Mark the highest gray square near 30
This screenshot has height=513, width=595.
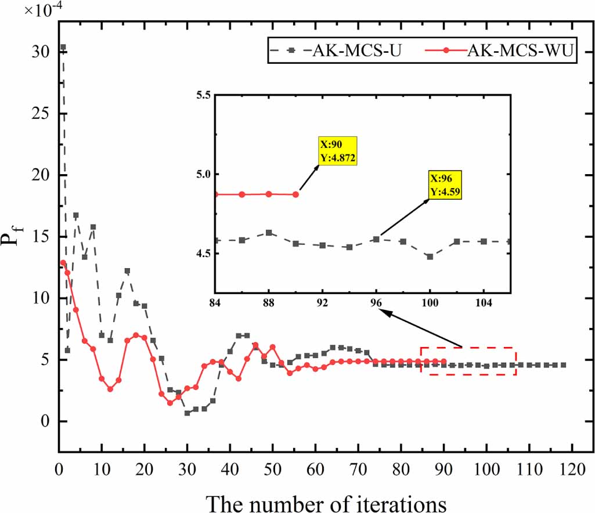click(63, 47)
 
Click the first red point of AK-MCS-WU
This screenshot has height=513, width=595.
click(63, 263)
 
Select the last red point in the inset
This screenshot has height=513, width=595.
click(295, 194)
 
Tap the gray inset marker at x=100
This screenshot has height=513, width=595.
click(430, 256)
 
